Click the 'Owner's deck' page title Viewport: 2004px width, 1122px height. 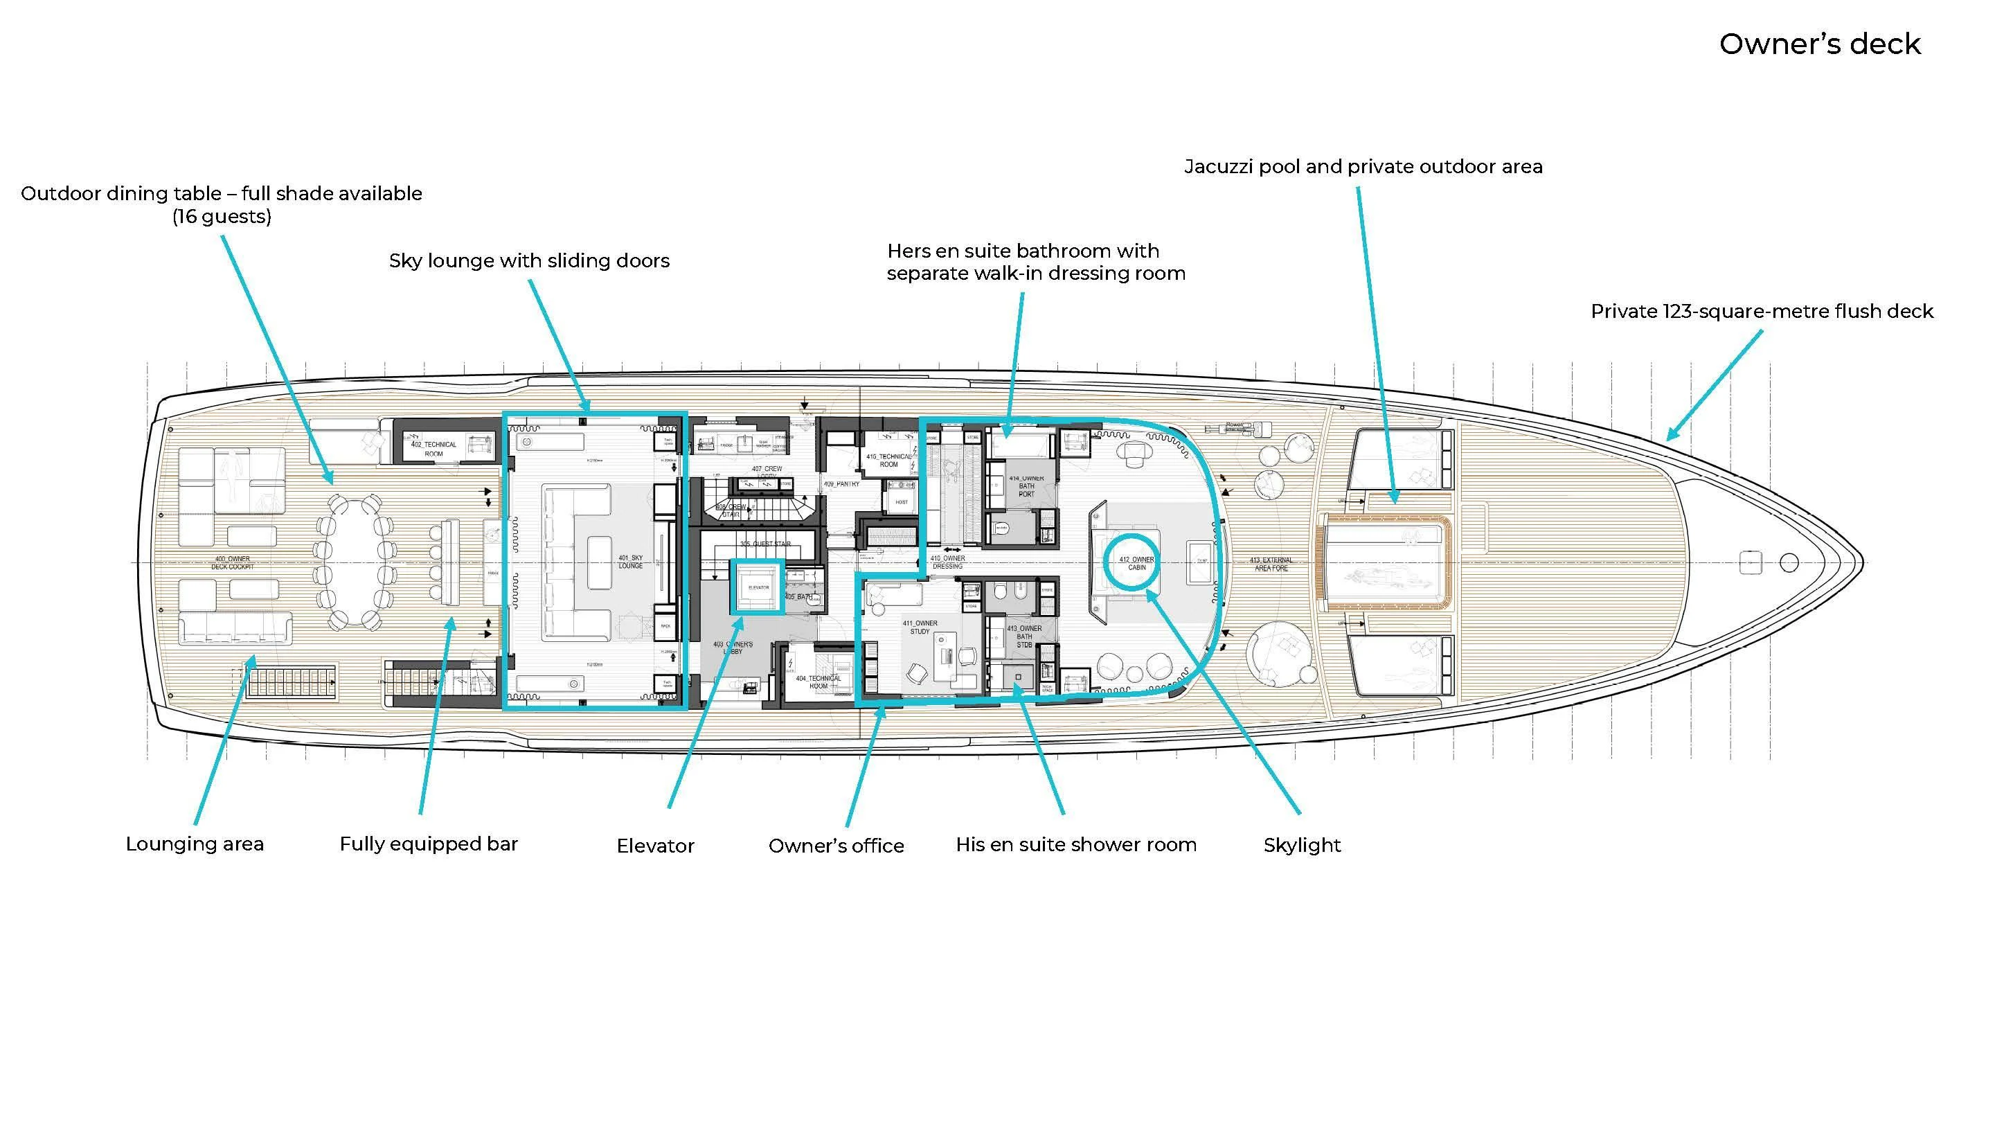[1819, 44]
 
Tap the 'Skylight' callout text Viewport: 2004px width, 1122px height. [1302, 845]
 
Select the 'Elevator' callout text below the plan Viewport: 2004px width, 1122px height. [655, 846]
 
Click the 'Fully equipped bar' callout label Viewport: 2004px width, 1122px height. [429, 844]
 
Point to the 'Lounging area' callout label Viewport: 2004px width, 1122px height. [195, 844]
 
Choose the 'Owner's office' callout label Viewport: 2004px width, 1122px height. [837, 846]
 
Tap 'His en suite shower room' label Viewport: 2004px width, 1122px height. [1076, 844]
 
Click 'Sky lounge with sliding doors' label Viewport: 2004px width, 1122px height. [529, 260]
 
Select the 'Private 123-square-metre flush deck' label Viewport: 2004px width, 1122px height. [1761, 311]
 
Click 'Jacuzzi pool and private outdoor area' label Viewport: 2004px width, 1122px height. [1363, 166]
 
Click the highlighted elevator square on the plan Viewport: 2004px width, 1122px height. [757, 587]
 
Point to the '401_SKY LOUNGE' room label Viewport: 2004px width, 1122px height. [630, 562]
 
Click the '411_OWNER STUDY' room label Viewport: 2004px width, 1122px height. [920, 627]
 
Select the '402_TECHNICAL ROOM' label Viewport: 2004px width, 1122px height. [433, 449]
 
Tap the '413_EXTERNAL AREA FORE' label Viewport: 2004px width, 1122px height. [1271, 564]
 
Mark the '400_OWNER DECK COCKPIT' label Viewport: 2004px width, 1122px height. [232, 562]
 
